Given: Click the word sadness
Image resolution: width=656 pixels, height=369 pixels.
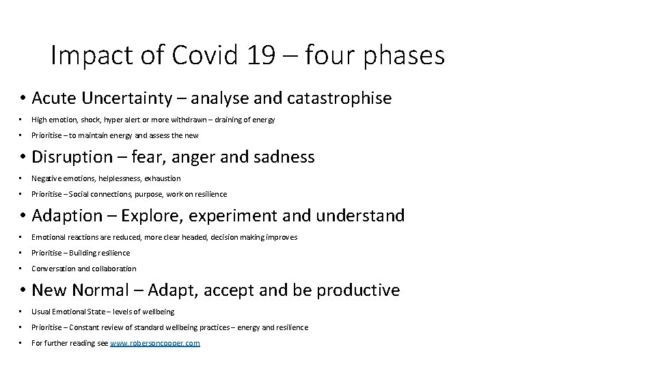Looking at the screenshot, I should point(285,157).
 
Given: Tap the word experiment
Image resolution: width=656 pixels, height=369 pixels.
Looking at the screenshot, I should point(230,216).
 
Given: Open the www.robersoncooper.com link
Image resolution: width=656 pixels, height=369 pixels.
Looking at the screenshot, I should point(155,343).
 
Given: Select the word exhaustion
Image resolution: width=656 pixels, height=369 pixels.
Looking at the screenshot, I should point(163,178).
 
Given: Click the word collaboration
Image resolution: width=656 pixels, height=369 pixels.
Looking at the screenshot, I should point(114,269).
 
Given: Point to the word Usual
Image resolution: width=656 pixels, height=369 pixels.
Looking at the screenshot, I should point(41,312).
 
